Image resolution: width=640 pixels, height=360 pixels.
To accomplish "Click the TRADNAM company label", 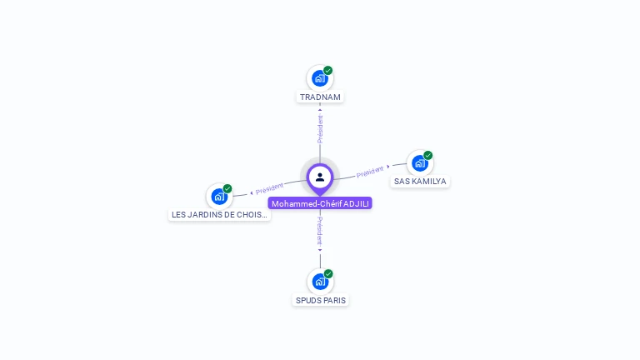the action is coord(320,97).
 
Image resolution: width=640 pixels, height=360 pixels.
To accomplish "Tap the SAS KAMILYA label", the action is coord(420,181).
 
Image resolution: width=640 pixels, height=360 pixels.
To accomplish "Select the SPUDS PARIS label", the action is coord(320,300).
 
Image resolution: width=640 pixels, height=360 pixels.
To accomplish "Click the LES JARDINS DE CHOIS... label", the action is coord(219,215).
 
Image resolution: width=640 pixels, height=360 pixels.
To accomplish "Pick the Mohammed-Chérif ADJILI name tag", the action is coord(320,203).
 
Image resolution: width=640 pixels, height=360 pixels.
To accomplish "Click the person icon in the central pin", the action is coord(320,177).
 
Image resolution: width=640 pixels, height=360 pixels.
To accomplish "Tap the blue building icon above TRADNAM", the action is coord(320,78).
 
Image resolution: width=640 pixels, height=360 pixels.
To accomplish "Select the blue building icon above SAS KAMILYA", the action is coord(420,163).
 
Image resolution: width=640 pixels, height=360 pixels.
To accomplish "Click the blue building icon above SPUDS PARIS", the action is coord(320,282).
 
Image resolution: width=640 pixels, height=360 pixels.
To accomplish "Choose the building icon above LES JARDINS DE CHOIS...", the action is coord(219,197).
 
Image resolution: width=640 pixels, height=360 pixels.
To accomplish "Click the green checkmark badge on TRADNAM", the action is coord(328,71).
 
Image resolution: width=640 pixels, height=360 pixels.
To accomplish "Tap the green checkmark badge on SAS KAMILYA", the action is coord(427,155).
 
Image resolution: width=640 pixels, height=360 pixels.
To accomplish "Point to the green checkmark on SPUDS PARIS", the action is coord(328,273).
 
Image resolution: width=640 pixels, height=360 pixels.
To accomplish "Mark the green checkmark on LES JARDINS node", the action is coord(227,188).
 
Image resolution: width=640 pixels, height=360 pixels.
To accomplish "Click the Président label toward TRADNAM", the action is coord(320,128).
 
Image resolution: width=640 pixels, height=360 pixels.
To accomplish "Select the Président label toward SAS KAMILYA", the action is coord(370,172).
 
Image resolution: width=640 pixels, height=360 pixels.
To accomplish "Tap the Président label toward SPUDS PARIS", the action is coord(320,231).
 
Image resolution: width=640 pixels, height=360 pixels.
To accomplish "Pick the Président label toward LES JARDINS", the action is coord(269,188).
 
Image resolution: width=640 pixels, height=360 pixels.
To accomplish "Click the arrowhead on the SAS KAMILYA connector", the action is coord(388,167).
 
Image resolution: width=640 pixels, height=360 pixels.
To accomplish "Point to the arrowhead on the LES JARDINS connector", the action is coord(252,192).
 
